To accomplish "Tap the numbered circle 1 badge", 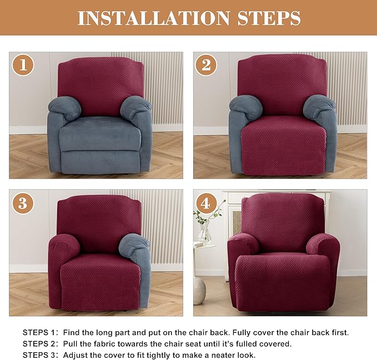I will pos(23,65).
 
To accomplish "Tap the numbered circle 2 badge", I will pos(206,65).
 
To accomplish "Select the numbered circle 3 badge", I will pos(23,202).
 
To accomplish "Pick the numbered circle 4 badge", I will pos(206,202).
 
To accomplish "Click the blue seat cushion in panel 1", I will pos(100,133).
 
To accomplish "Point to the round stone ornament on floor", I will pos(199,291).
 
